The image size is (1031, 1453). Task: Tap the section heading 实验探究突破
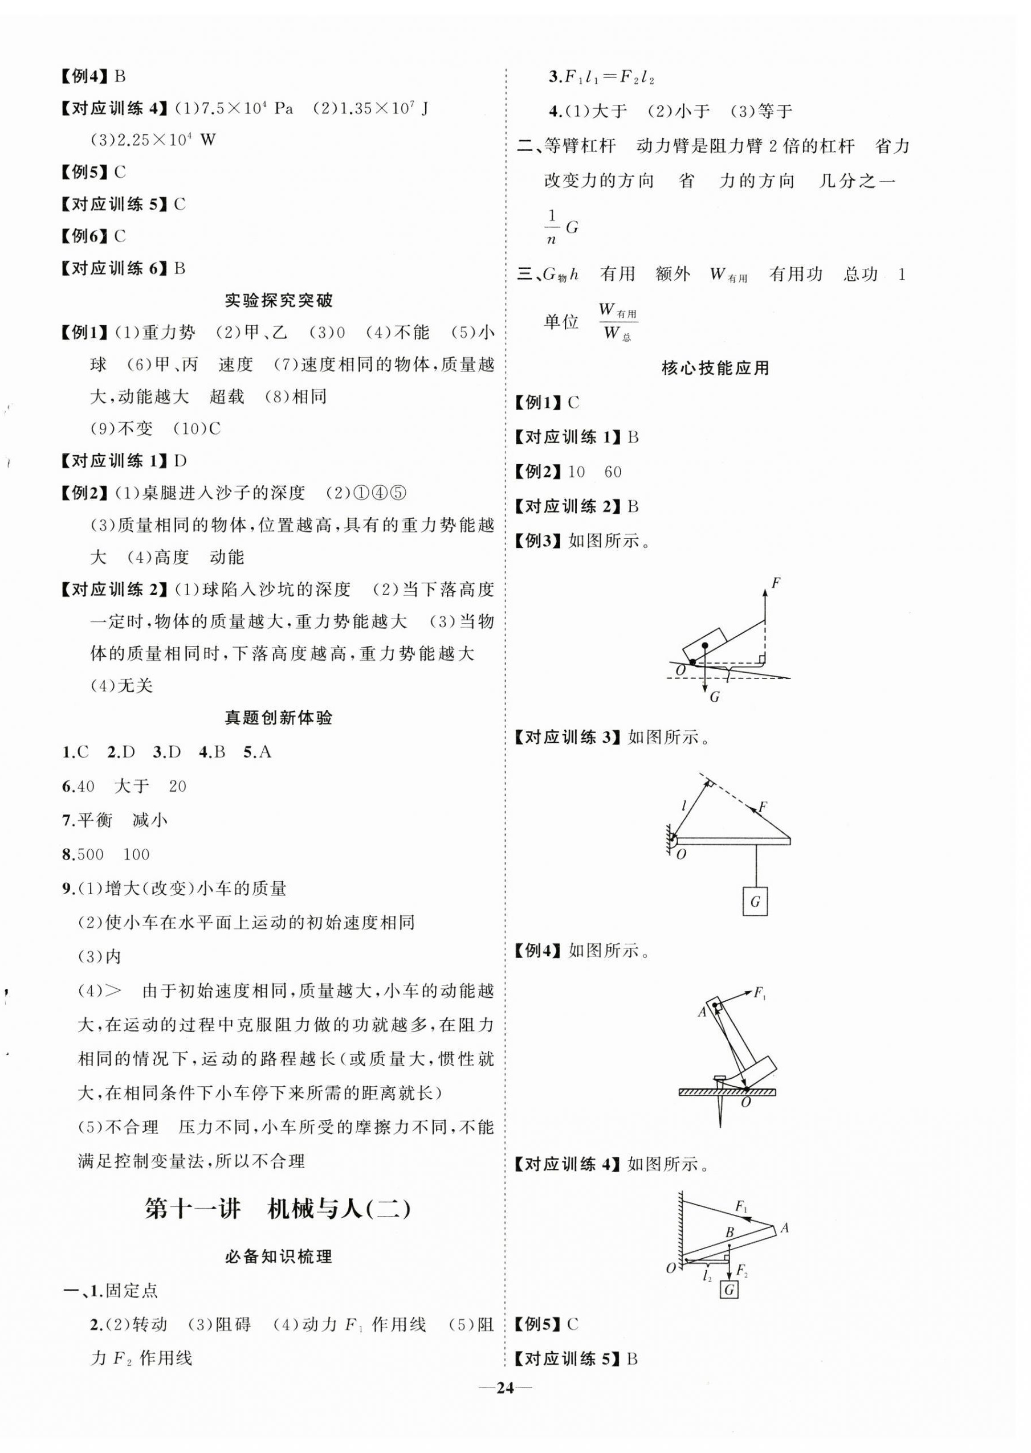click(279, 300)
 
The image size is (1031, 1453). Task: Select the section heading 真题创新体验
click(279, 718)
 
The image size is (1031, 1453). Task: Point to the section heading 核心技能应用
click(715, 368)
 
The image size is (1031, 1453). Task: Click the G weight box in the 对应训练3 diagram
click(755, 901)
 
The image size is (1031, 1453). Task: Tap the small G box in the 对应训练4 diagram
click(729, 1290)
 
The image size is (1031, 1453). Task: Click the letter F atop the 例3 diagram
click(775, 583)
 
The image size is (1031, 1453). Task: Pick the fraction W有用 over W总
click(617, 322)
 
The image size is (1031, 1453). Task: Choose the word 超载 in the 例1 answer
click(227, 397)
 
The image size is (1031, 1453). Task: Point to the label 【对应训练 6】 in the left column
click(113, 268)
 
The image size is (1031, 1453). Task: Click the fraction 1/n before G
click(552, 227)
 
